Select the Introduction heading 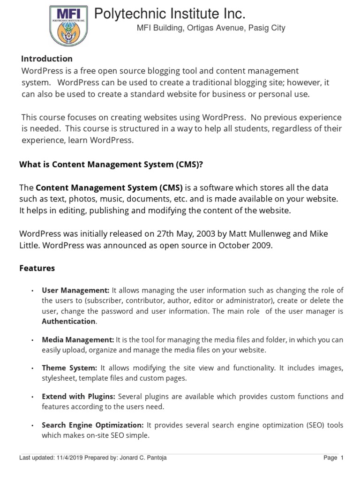pos(47,59)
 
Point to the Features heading pos(37,268)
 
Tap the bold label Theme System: pos(69,368)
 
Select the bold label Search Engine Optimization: pos(93,425)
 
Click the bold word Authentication pos(68,322)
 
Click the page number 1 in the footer pos(342,458)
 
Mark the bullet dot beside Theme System pos(32,368)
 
